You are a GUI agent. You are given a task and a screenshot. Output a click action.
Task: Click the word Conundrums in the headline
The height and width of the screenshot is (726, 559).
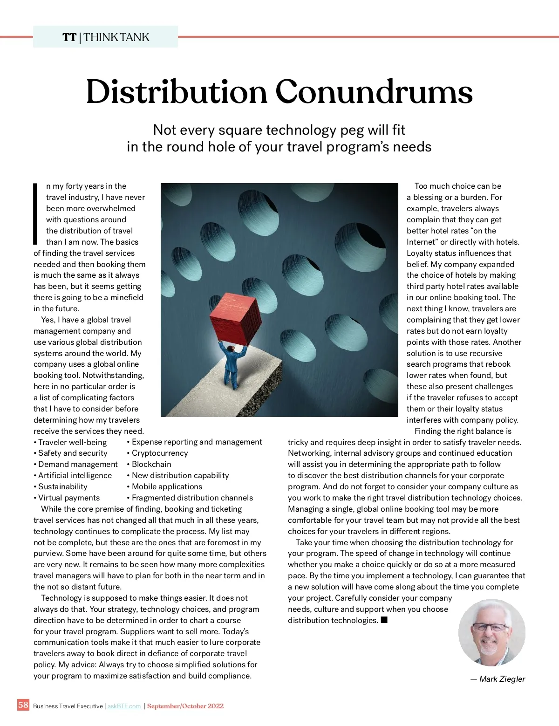[x=374, y=92]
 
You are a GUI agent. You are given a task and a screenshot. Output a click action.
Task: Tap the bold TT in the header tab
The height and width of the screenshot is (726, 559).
[x=69, y=37]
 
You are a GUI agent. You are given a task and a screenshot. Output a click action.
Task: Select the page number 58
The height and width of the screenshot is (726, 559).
[x=23, y=705]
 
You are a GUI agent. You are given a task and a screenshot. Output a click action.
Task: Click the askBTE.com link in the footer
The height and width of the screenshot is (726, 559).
[x=124, y=706]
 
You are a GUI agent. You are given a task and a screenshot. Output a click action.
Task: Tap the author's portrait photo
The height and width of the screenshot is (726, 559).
[x=491, y=632]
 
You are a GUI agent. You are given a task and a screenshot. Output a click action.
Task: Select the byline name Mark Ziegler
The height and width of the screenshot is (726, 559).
[x=502, y=679]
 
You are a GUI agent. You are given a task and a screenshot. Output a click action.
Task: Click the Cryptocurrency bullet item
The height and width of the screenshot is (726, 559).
[x=160, y=453]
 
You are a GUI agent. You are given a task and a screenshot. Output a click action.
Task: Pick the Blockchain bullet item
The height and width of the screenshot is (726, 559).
[x=151, y=464]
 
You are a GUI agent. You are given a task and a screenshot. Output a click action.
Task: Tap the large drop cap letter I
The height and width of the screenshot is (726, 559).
[x=35, y=214]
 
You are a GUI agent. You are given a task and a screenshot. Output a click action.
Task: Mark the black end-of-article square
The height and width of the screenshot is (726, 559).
[x=384, y=620]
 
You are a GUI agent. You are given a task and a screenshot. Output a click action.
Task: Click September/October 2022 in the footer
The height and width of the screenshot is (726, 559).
[x=185, y=706]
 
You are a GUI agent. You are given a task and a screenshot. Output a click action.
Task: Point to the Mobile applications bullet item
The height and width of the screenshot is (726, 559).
[x=167, y=486]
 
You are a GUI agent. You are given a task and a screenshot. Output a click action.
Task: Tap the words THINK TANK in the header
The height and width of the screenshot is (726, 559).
[x=116, y=37]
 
